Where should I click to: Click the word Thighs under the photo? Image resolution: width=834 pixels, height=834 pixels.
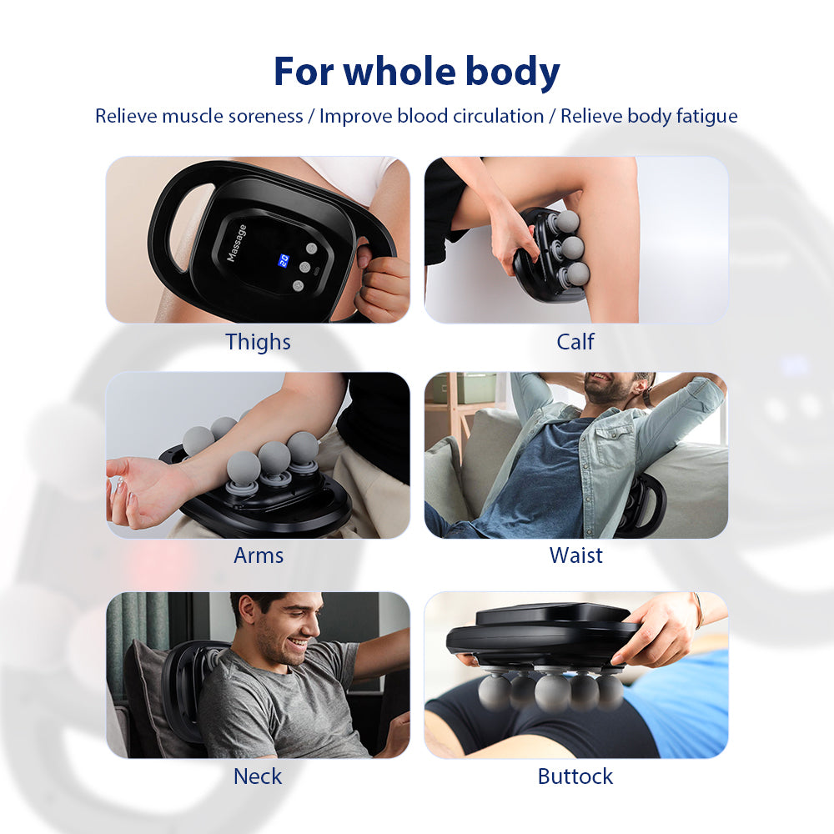(x=258, y=342)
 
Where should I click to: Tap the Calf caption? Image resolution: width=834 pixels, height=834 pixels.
(x=575, y=342)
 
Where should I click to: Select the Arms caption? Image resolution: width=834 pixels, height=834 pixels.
(x=258, y=555)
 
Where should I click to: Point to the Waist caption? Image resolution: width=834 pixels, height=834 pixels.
(x=575, y=555)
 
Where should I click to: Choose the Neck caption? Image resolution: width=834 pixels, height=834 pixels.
(x=258, y=776)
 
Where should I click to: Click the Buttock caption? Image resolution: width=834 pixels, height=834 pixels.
(x=575, y=776)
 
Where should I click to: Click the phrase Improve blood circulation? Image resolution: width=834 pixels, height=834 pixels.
(x=431, y=116)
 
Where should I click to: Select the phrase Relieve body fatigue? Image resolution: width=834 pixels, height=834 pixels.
(x=649, y=116)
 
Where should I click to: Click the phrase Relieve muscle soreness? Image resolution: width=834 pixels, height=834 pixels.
(x=198, y=116)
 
